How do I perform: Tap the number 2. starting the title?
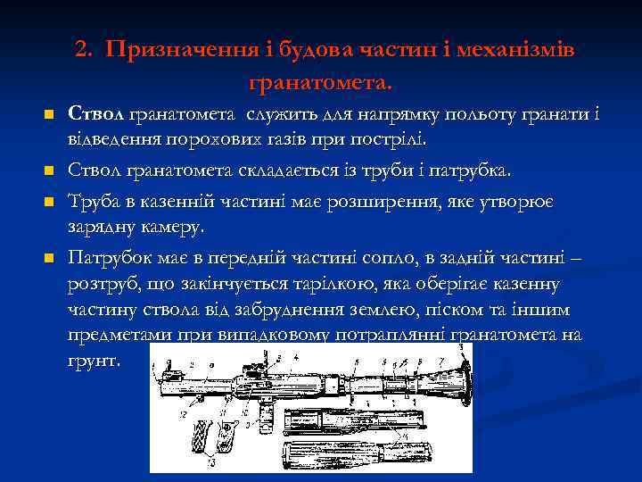(x=86, y=51)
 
